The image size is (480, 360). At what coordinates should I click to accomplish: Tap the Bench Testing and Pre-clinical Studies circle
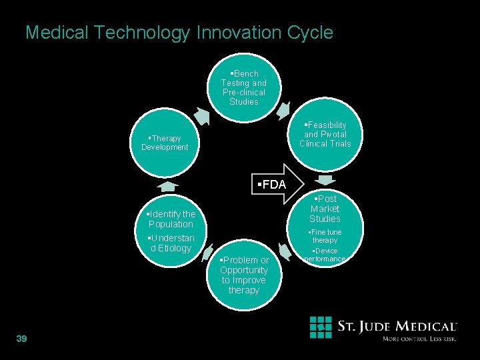pyautogui.click(x=243, y=87)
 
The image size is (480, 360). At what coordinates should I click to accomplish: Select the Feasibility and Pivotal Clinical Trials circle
pyautogui.click(x=325, y=134)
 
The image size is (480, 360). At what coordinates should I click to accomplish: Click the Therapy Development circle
pyautogui.click(x=165, y=143)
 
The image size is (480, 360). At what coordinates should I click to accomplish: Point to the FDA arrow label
pyautogui.click(x=271, y=185)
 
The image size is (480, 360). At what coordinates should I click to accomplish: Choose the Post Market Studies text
pyautogui.click(x=325, y=209)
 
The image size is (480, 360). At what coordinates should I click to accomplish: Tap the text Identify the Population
pyautogui.click(x=171, y=219)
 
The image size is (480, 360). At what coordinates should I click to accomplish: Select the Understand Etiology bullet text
pyautogui.click(x=171, y=243)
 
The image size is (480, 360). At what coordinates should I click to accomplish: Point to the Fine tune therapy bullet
pyautogui.click(x=325, y=236)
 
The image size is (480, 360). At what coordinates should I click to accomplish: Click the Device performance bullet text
pyautogui.click(x=325, y=255)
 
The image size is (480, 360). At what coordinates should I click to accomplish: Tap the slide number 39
pyautogui.click(x=21, y=339)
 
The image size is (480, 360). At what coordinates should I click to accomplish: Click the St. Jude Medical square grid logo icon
pyautogui.click(x=321, y=328)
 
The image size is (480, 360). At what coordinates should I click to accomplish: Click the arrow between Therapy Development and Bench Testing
pyautogui.click(x=201, y=116)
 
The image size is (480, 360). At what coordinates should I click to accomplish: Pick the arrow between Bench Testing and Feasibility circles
pyautogui.click(x=285, y=109)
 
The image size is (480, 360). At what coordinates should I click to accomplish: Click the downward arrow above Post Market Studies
pyautogui.click(x=326, y=181)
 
